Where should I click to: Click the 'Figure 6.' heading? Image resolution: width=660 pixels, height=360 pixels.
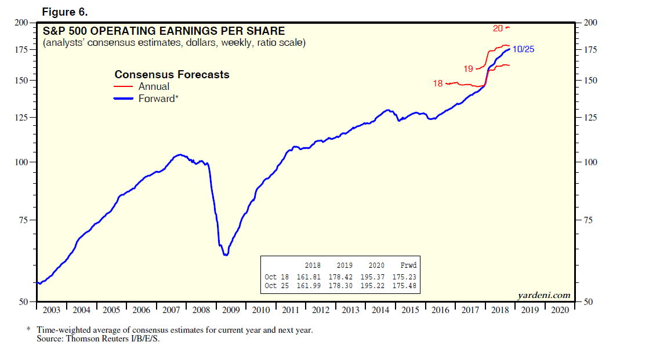tap(64, 12)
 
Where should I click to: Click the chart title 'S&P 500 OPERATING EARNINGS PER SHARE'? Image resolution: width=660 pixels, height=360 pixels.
tap(164, 31)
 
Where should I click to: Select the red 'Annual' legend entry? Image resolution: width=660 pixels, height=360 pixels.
tap(154, 87)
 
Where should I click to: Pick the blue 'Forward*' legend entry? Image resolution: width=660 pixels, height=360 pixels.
tap(158, 99)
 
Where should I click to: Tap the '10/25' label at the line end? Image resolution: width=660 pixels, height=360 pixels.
tap(524, 49)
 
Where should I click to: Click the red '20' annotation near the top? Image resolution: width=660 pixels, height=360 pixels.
tap(498, 28)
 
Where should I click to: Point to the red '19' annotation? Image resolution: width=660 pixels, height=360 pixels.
tap(469, 70)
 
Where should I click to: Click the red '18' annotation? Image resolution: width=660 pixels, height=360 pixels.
tap(438, 83)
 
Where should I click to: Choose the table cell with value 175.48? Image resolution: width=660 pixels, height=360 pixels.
tap(404, 286)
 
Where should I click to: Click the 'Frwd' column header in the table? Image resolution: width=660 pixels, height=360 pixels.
tap(408, 266)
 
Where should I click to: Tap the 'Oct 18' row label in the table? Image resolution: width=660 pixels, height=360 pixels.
tap(276, 277)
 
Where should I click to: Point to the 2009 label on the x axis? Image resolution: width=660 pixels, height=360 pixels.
tap(231, 310)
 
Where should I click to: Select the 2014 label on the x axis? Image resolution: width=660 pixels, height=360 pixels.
tap(380, 310)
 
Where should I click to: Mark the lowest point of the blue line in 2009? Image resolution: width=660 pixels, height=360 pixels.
tap(226, 255)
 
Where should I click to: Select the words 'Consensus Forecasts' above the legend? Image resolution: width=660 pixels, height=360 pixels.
tap(172, 75)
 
